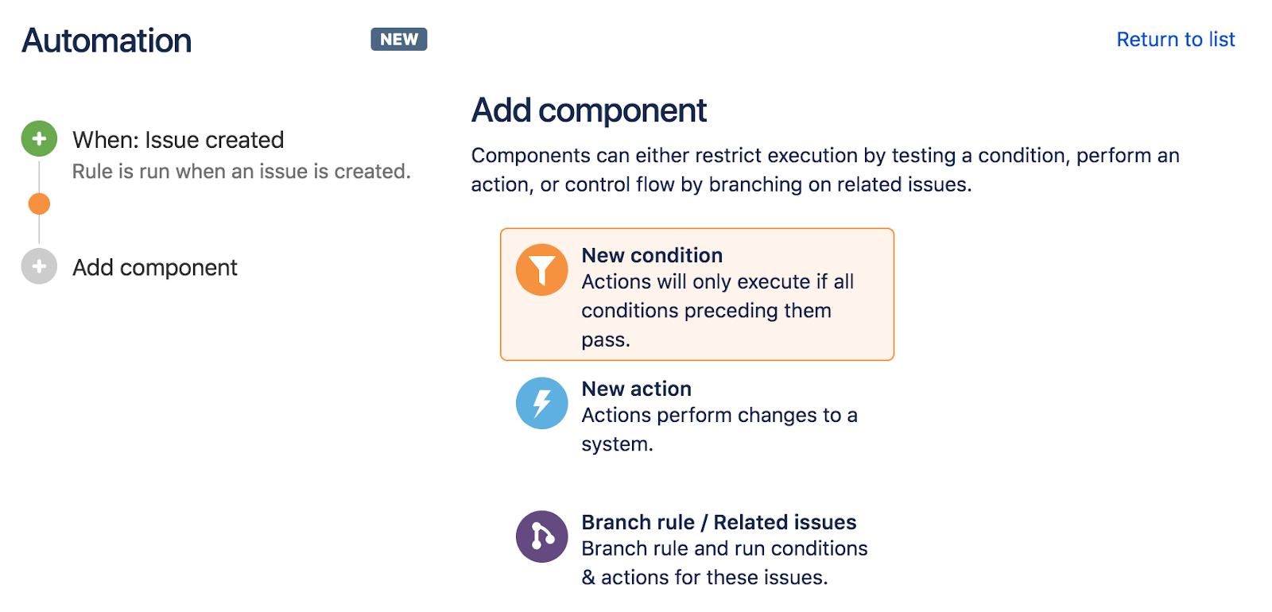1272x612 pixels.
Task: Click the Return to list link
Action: click(1176, 39)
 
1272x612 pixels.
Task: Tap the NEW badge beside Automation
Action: click(398, 39)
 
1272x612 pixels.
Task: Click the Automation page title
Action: click(107, 41)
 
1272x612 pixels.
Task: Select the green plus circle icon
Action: click(39, 138)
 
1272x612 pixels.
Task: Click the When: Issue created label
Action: click(178, 140)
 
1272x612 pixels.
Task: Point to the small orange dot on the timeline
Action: click(39, 203)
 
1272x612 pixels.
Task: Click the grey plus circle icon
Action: click(39, 266)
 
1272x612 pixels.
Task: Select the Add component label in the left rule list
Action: click(155, 268)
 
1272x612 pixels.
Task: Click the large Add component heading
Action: click(589, 110)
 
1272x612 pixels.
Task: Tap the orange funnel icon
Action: click(541, 269)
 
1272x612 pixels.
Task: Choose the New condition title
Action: click(652, 255)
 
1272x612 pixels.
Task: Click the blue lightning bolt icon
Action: click(541, 403)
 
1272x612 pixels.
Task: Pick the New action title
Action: click(637, 389)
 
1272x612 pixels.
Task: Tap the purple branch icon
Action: click(541, 536)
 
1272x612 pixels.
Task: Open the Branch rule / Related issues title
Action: click(719, 522)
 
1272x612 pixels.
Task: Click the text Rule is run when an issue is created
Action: click(242, 172)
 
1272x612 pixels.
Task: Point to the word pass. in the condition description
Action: click(606, 341)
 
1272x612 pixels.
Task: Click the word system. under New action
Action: click(617, 444)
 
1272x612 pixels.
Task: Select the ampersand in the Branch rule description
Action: click(588, 578)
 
